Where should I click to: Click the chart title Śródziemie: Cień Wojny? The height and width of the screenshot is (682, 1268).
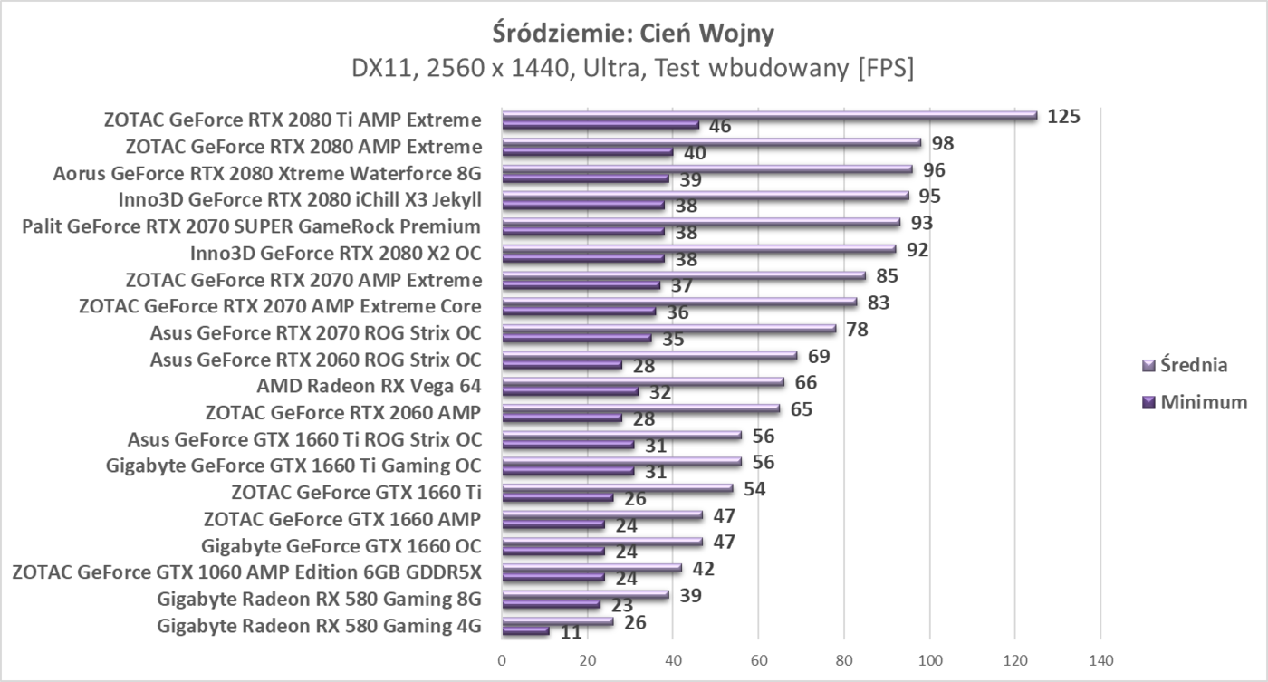633,34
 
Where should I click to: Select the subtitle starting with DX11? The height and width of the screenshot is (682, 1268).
633,69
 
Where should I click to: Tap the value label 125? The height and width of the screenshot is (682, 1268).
1063,116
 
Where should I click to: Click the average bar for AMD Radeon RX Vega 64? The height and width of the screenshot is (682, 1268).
642,382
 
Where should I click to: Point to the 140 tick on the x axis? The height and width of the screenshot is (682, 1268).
1100,660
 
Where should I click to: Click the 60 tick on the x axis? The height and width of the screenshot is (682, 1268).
758,660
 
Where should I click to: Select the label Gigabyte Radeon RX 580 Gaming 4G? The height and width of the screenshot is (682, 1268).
319,625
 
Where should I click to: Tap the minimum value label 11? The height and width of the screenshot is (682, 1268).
571,632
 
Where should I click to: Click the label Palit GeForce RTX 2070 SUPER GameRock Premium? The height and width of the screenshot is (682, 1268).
251,226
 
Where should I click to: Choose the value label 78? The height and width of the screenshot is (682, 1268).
857,329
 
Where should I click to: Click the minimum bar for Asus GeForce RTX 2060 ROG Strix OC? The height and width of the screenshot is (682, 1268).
562,365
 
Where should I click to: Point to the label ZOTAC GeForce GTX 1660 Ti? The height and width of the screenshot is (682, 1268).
356,492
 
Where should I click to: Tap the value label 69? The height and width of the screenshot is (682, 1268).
819,356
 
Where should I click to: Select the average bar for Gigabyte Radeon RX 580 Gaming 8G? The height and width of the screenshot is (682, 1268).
584,595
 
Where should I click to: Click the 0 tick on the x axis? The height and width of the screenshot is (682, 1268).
502,660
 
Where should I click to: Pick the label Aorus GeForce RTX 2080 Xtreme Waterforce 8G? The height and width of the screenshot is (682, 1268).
267,172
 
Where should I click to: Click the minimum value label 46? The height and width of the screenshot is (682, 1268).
720,126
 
